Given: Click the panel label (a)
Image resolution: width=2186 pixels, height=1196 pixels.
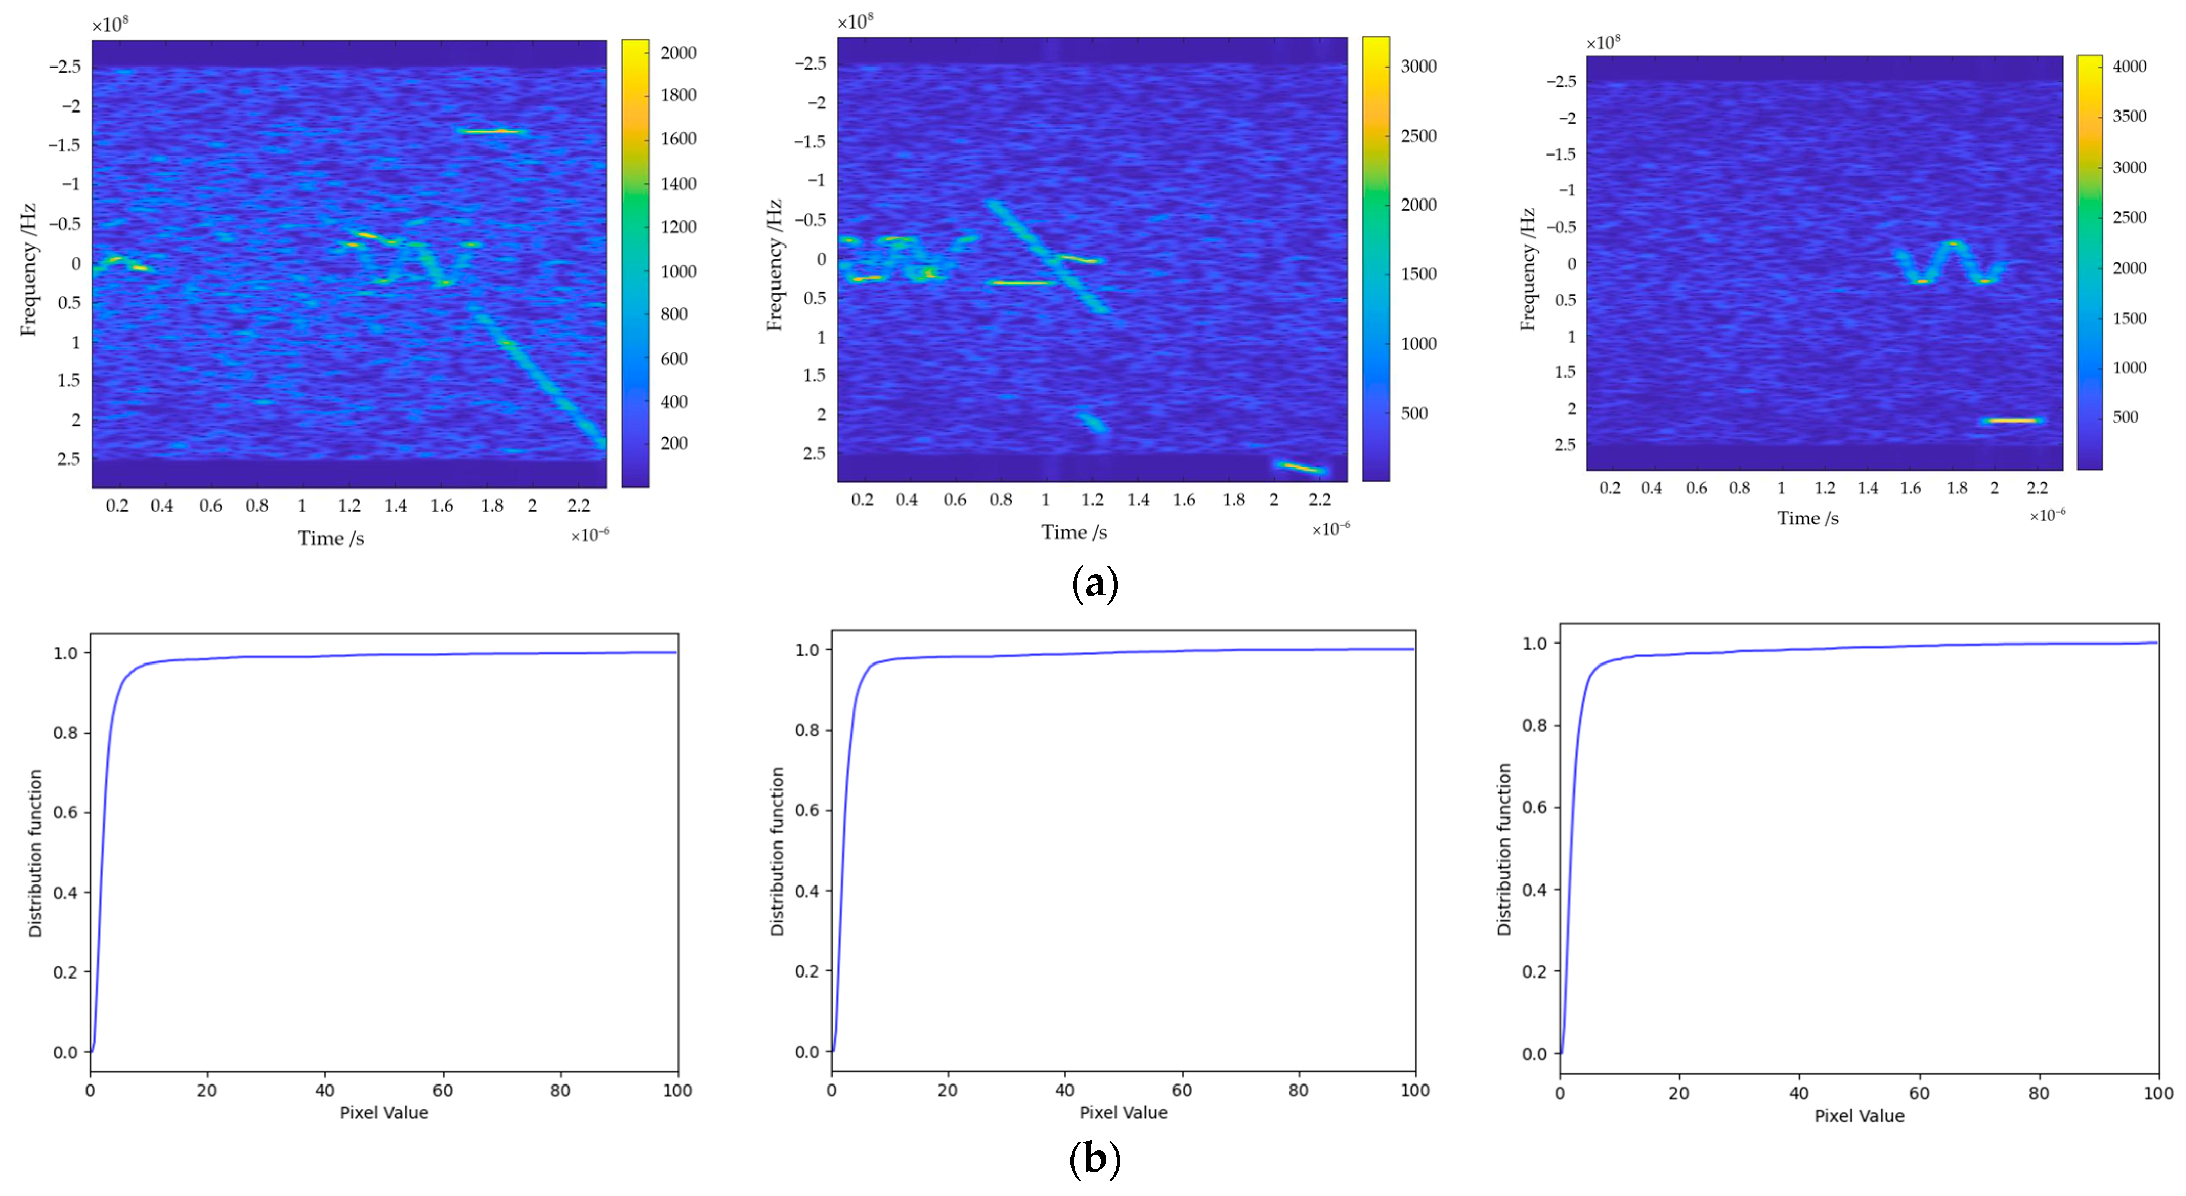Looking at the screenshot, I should (1095, 584).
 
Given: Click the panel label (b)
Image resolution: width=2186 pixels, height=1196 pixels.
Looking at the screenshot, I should (1095, 1159).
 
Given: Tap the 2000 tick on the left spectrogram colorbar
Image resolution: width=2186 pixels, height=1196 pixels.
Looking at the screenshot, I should (678, 53).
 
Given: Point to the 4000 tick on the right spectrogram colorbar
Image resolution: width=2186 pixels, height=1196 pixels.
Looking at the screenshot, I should (2129, 66).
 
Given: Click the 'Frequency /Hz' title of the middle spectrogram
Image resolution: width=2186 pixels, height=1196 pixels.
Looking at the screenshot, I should (773, 264).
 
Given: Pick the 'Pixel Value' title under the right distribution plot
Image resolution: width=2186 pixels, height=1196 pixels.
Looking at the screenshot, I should (1859, 1116).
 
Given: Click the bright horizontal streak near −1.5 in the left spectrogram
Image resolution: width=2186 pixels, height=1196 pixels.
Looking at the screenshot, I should (492, 131).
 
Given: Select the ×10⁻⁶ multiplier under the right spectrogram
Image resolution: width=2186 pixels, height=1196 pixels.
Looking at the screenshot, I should (2047, 515).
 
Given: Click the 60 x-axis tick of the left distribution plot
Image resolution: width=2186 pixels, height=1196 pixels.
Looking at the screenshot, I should (442, 1091).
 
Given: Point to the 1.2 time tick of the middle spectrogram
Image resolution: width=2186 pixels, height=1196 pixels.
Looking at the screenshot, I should (1092, 500).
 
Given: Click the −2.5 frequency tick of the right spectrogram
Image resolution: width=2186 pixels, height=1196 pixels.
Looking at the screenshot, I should (1561, 81).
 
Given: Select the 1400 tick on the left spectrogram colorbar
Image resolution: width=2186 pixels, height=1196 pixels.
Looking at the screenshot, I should (678, 183).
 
